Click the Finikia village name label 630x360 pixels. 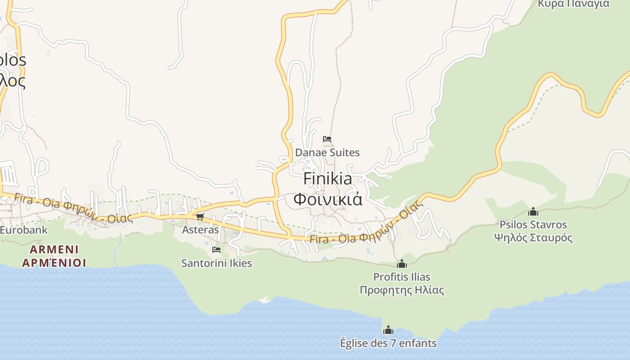[328, 179]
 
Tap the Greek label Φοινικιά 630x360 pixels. [328, 199]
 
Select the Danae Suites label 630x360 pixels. [327, 153]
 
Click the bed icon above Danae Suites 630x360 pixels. [327, 139]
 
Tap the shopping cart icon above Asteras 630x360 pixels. [200, 217]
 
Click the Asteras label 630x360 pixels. [200, 229]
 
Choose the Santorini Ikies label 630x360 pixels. [216, 263]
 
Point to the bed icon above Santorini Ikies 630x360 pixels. [216, 250]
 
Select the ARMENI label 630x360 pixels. [54, 249]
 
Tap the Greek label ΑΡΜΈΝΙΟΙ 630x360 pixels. [54, 262]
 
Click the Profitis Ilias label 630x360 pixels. [402, 277]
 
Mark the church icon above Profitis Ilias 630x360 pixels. [402, 264]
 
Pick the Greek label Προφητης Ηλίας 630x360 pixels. [402, 290]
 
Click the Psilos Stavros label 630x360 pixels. [533, 225]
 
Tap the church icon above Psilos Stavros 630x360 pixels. [533, 211]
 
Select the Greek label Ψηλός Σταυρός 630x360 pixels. [533, 238]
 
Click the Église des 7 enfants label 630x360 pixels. [388, 343]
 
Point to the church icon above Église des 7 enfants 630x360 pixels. [388, 330]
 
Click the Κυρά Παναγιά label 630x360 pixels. [573, 4]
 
